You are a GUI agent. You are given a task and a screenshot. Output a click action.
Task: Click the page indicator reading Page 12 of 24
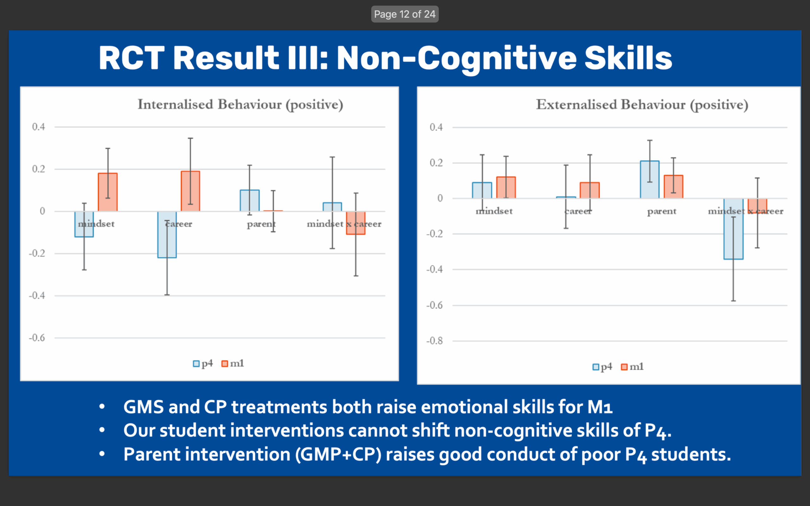click(x=405, y=14)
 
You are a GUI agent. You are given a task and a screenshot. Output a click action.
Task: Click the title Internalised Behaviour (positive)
click(x=240, y=104)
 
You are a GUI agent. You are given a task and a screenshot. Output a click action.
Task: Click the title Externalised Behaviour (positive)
click(x=642, y=105)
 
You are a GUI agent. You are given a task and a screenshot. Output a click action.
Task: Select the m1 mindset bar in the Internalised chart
click(x=108, y=192)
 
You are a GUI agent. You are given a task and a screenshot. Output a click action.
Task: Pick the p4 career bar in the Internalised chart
click(x=167, y=235)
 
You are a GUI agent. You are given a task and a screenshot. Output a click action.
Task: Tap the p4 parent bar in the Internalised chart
click(x=250, y=201)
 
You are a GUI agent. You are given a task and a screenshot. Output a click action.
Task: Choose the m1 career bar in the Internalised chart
click(x=190, y=191)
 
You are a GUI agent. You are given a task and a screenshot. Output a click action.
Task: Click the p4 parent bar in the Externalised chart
click(x=650, y=180)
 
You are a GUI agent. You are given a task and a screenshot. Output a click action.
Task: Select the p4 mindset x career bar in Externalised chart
click(x=733, y=229)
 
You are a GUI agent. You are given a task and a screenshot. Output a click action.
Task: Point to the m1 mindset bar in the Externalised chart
click(x=506, y=188)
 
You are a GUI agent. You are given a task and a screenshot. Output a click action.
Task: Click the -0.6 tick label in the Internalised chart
click(x=37, y=338)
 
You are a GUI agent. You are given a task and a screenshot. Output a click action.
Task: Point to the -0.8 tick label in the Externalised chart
click(x=434, y=341)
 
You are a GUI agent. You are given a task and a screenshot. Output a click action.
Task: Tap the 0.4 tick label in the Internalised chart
click(x=39, y=127)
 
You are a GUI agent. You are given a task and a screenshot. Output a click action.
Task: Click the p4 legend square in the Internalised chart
click(x=196, y=364)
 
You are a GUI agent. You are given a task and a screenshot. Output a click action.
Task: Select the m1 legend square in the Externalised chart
click(x=624, y=367)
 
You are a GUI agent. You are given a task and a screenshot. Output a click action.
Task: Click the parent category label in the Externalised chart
click(x=661, y=212)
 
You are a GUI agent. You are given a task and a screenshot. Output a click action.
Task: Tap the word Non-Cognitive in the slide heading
click(x=457, y=58)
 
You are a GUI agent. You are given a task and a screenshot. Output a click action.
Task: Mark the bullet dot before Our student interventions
click(x=102, y=430)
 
